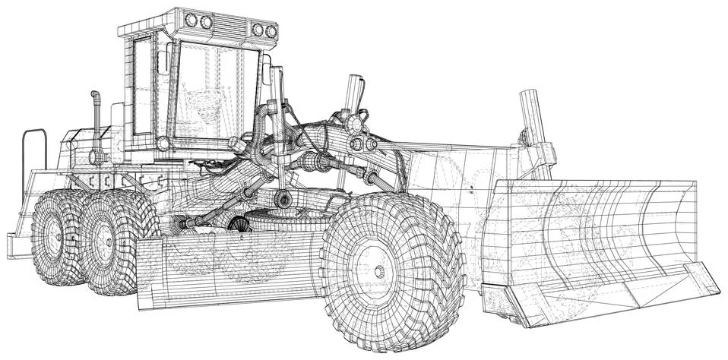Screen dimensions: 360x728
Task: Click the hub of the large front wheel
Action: [x=379, y=271]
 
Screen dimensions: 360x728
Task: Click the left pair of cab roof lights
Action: [x=197, y=20]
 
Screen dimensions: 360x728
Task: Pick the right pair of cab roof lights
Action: [x=264, y=30]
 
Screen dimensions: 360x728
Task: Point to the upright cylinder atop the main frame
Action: [x=353, y=94]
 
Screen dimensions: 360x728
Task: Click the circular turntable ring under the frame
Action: [x=281, y=220]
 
